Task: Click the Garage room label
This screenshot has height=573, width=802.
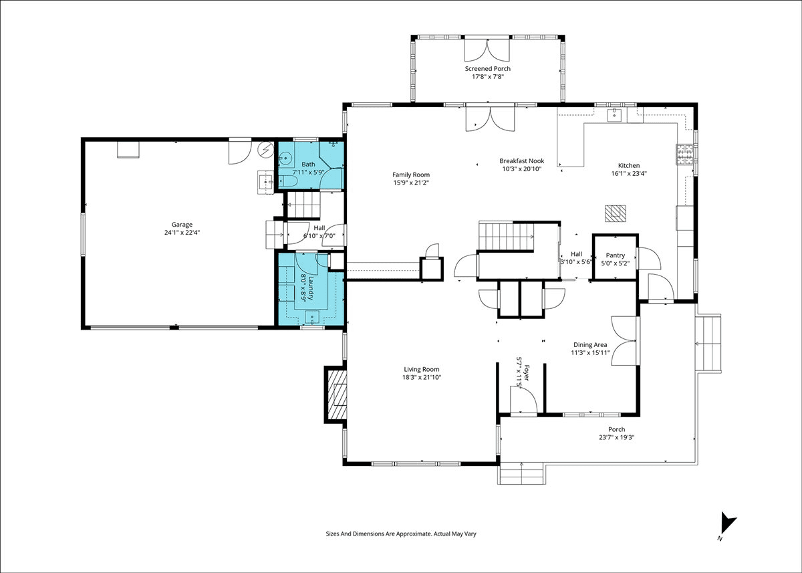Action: click(182, 225)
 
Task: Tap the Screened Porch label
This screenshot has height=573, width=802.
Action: click(488, 68)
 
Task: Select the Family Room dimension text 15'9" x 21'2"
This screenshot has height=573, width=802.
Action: click(411, 183)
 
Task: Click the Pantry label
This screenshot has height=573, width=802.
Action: click(615, 255)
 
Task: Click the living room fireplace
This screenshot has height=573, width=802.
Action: click(337, 394)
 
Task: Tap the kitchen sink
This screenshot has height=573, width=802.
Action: click(614, 115)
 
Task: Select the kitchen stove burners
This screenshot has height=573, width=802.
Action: click(685, 154)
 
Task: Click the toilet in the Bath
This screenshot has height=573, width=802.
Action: click(287, 181)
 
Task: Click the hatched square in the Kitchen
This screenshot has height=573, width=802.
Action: click(616, 213)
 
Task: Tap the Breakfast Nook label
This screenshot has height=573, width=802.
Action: click(522, 160)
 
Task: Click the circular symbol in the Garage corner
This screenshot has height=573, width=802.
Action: click(266, 149)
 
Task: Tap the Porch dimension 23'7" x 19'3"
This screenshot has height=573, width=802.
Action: click(616, 437)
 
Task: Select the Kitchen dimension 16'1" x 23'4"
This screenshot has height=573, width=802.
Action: click(629, 173)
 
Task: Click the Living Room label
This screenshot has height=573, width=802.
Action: click(422, 369)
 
